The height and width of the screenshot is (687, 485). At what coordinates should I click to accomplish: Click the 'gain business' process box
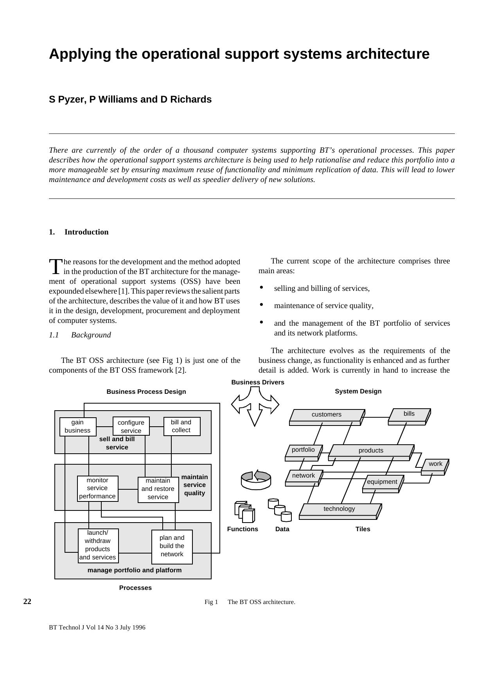pos(77,426)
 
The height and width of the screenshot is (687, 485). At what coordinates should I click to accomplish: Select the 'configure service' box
pos(131,426)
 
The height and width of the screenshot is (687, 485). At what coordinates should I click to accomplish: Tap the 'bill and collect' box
pos(181,426)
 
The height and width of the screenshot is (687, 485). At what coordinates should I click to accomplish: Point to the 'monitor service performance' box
pos(97,488)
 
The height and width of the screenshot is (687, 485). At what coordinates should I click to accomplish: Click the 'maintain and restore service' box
pos(158,489)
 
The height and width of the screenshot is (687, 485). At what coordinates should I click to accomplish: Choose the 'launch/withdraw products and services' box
pos(98,545)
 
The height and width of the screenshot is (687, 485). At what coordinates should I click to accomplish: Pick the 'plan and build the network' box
pos(172,546)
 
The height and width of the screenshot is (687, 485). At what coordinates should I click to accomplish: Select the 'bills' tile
pos(409,415)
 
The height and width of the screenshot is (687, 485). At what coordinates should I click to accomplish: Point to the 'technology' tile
pos(339,509)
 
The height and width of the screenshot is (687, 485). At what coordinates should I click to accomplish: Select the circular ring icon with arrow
pos(256,480)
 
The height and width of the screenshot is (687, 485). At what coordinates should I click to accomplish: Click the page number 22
pos(27,602)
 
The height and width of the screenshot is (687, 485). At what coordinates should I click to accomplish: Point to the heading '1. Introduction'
pos(79,232)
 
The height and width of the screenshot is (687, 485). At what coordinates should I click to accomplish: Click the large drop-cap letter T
pos(56,267)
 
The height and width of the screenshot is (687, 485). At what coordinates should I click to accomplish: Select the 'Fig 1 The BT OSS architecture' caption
pos(250,602)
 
